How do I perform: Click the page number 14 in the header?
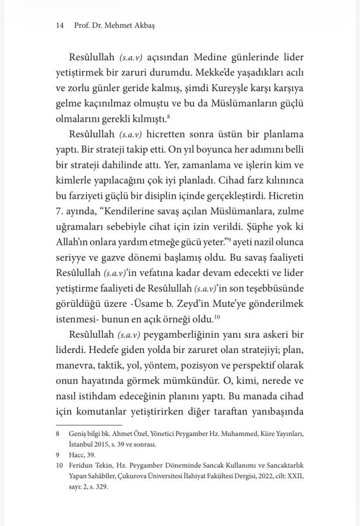[59, 26]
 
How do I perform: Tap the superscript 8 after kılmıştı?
[168, 116]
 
